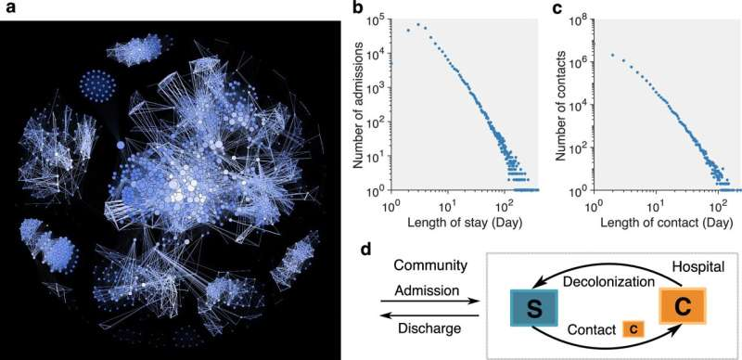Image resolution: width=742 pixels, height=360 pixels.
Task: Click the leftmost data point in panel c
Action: click(613, 56)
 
